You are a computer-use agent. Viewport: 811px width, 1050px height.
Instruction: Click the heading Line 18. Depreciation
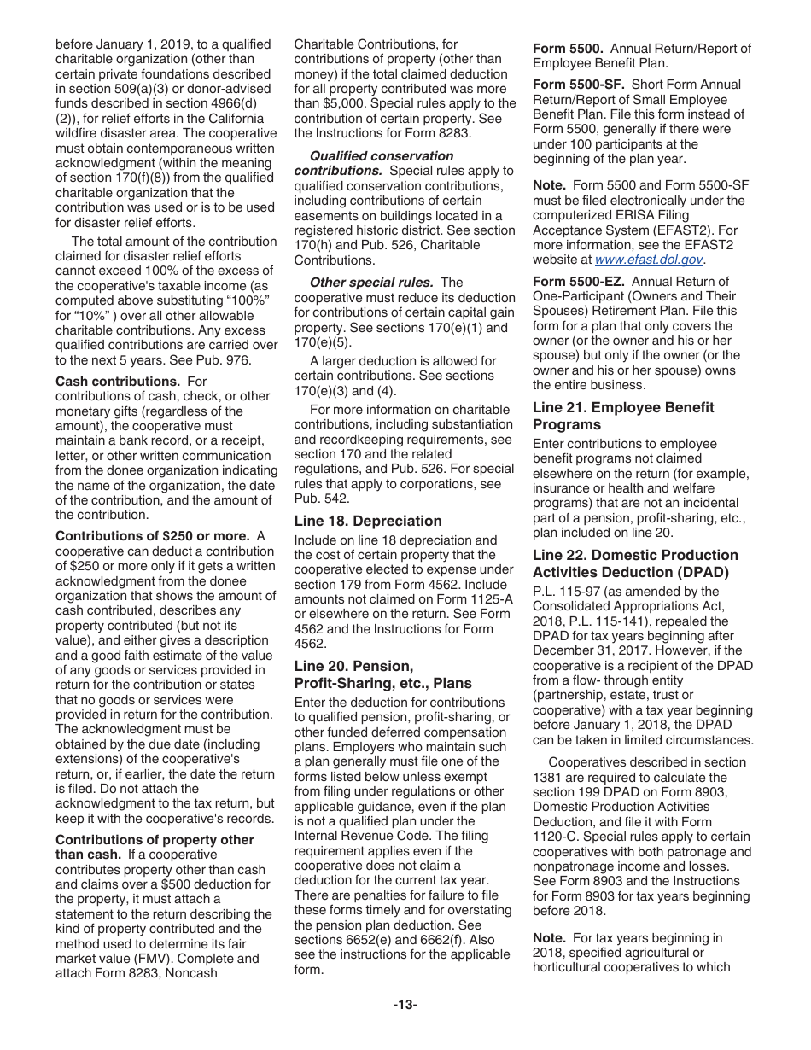coord(368,521)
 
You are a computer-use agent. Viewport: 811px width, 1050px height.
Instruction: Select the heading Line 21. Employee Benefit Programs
coord(623,416)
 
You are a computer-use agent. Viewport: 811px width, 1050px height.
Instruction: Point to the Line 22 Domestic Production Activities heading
coord(635,563)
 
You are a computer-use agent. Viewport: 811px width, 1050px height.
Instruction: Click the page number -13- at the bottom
coord(405,1005)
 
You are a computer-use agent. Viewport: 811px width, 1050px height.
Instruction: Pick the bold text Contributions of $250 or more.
coord(152,536)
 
